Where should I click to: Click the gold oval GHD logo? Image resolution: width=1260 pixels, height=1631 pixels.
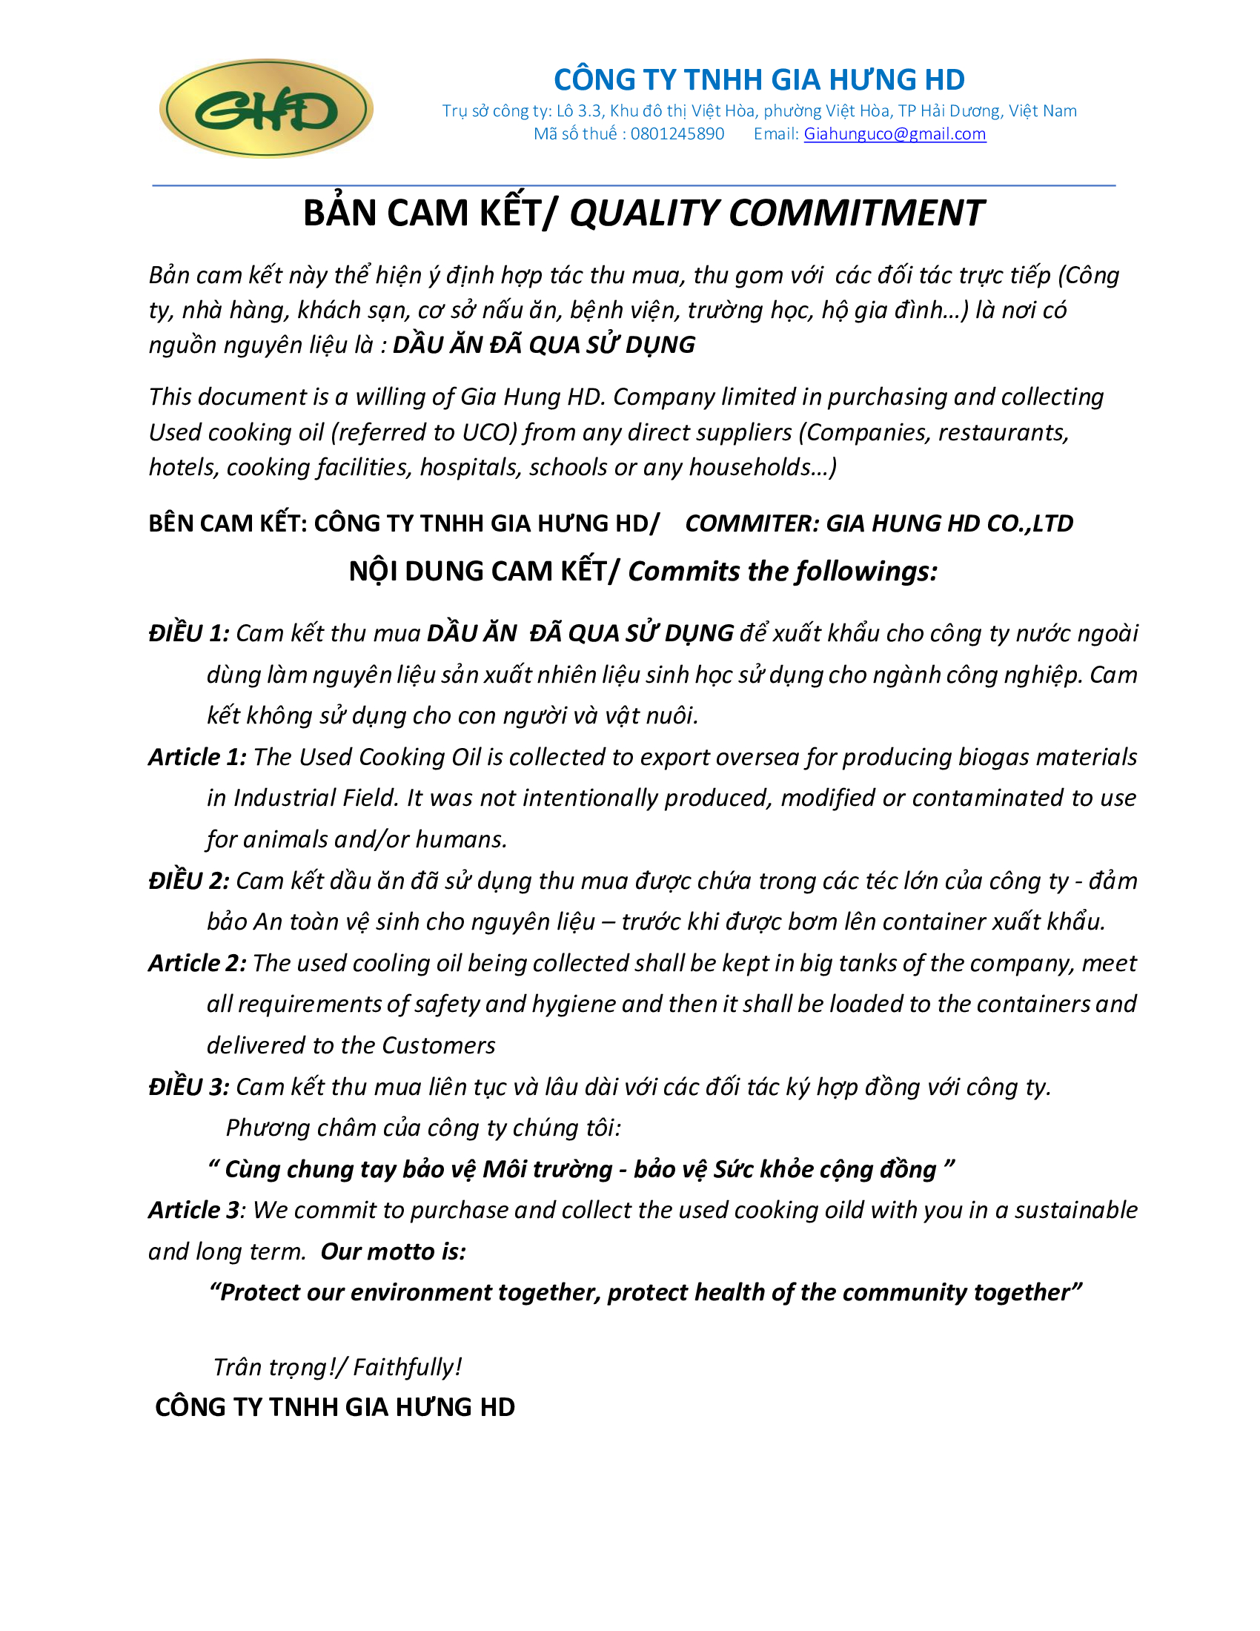pyautogui.click(x=266, y=109)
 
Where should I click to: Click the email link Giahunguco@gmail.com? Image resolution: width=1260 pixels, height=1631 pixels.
pyautogui.click(x=895, y=133)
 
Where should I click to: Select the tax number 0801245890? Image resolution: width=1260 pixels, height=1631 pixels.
pyautogui.click(x=677, y=133)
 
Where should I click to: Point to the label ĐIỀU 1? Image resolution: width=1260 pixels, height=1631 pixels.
pyautogui.click(x=189, y=633)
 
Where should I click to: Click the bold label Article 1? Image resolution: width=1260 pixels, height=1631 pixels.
pyautogui.click(x=197, y=757)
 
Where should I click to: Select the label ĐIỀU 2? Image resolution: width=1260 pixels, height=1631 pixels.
pyautogui.click(x=189, y=881)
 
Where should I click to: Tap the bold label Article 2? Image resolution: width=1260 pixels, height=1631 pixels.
pyautogui.click(x=197, y=963)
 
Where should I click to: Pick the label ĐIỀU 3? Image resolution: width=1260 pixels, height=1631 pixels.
pyautogui.click(x=189, y=1087)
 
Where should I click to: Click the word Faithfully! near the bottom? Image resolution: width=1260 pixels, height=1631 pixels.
pyautogui.click(x=408, y=1366)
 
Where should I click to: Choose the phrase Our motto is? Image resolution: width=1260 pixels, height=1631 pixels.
pyautogui.click(x=394, y=1251)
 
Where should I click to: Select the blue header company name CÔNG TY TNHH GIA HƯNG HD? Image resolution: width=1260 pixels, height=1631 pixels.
pyautogui.click(x=759, y=79)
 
